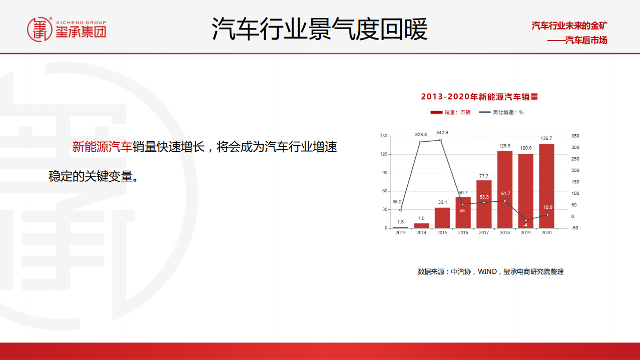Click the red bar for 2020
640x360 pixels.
(546, 186)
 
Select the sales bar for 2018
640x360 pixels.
(504, 189)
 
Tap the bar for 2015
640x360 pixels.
(442, 218)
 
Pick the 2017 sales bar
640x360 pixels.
(484, 204)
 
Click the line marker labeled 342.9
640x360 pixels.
(440, 140)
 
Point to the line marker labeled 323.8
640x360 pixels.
(420, 142)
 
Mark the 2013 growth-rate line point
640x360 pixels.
(400, 210)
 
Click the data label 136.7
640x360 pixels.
(546, 138)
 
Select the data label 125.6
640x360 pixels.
(504, 146)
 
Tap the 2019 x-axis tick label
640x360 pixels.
(525, 233)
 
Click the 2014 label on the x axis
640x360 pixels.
(421, 233)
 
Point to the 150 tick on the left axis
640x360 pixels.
(384, 136)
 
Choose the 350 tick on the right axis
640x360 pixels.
(575, 136)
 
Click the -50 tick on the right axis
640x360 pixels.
(574, 228)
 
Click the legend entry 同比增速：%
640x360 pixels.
(501, 112)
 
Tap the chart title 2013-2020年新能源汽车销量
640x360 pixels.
(479, 97)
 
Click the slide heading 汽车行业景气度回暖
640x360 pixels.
(319, 29)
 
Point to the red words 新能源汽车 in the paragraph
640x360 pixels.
(102, 147)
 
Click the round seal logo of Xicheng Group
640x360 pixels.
(40, 30)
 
